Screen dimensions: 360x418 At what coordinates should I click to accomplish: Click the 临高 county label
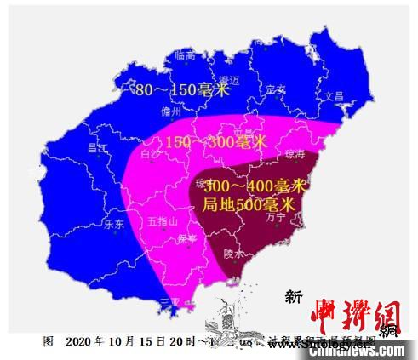(x=186, y=55)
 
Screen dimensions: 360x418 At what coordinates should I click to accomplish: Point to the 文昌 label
(x=333, y=96)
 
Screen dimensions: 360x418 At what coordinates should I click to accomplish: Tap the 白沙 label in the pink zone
(x=150, y=155)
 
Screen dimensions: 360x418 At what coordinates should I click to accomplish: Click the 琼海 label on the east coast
(x=293, y=155)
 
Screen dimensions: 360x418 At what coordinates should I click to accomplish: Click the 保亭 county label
(x=186, y=239)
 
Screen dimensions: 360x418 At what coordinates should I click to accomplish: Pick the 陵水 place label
(x=234, y=254)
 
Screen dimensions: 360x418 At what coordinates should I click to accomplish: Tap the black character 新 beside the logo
(x=294, y=297)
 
